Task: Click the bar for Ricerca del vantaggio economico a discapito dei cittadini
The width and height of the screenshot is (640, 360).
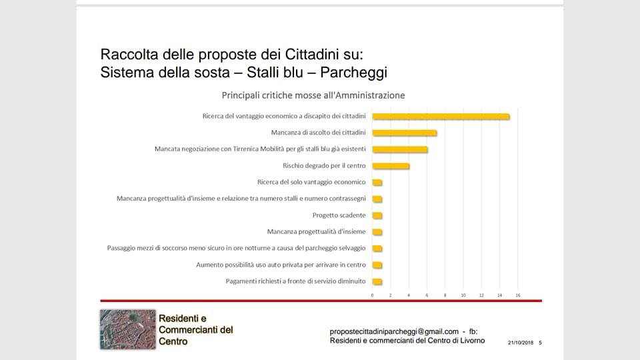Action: click(x=441, y=117)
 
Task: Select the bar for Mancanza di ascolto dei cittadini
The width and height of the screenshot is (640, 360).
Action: click(x=404, y=133)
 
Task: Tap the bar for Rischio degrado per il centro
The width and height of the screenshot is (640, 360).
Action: click(x=391, y=166)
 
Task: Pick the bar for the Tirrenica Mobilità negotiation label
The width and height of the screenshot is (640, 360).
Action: click(x=399, y=149)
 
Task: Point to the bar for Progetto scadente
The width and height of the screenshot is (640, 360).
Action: click(x=377, y=215)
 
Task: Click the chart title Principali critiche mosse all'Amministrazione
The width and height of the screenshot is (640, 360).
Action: click(x=313, y=95)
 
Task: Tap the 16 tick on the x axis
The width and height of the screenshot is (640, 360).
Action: click(x=517, y=295)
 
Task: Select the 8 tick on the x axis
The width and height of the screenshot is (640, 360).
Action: click(x=445, y=295)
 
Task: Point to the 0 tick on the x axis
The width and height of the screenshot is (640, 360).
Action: click(x=373, y=295)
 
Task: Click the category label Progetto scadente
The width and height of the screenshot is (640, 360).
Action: click(x=339, y=215)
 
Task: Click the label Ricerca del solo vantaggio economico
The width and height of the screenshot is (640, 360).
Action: click(x=311, y=182)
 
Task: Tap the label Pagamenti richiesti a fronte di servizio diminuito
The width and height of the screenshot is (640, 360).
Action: click(x=295, y=281)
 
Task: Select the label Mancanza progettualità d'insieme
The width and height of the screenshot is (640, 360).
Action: click(x=316, y=232)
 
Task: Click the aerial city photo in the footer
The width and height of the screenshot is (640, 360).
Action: click(x=127, y=329)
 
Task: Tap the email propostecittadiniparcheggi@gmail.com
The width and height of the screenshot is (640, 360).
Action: click(x=394, y=331)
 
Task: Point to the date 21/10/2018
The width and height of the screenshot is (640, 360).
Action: click(x=521, y=343)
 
